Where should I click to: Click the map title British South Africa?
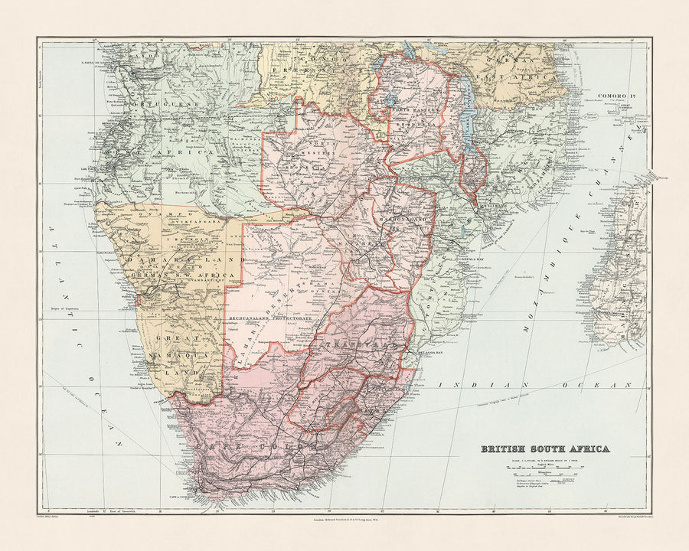(544, 449)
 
